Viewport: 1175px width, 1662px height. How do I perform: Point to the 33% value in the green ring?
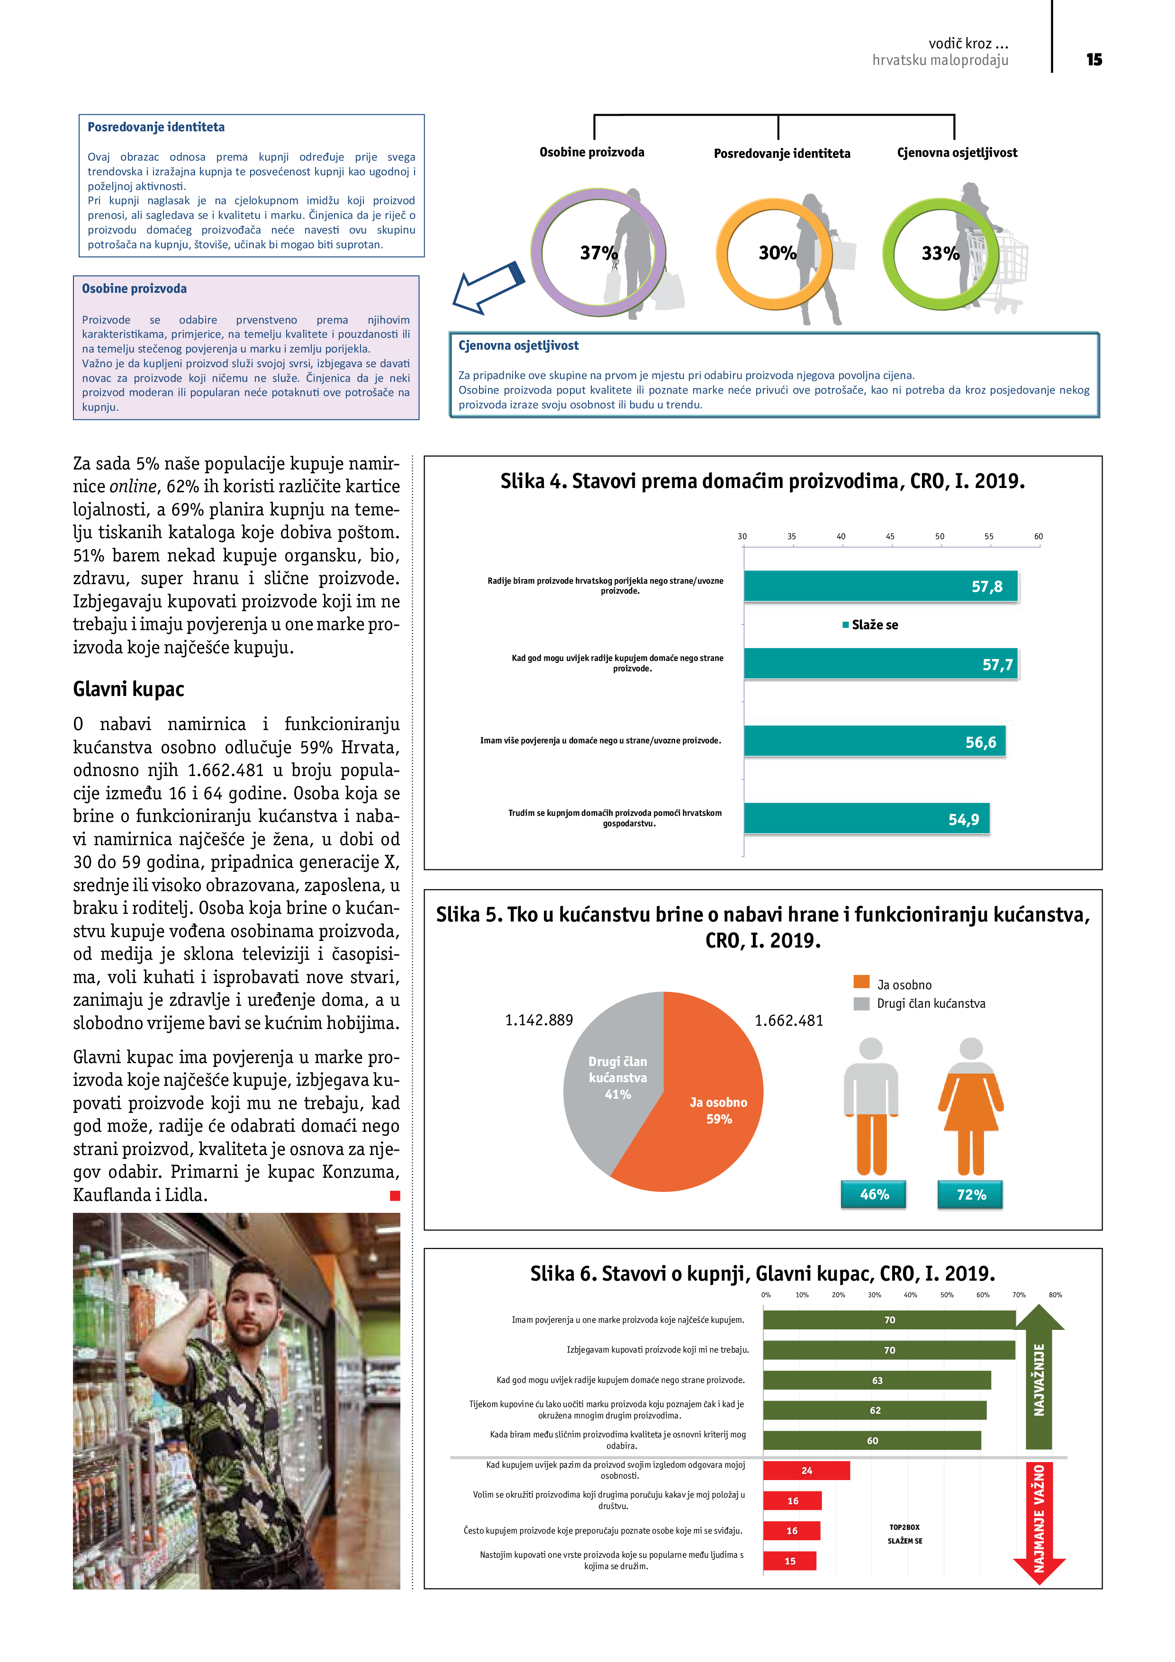click(x=940, y=253)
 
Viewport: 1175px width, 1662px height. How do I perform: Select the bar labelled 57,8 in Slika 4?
click(x=880, y=587)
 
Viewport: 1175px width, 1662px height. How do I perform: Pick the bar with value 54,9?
click(x=866, y=819)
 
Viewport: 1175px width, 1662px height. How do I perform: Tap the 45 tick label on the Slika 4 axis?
click(x=890, y=536)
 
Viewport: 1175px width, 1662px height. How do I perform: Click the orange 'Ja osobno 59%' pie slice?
click(x=709, y=1115)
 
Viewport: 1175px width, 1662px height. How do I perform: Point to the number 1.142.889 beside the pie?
click(x=539, y=1020)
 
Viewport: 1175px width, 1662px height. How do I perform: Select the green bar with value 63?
click(x=876, y=1381)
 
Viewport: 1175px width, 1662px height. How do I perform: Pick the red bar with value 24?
click(x=806, y=1470)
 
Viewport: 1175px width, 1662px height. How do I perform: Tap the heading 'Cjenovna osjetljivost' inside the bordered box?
click(x=518, y=346)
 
